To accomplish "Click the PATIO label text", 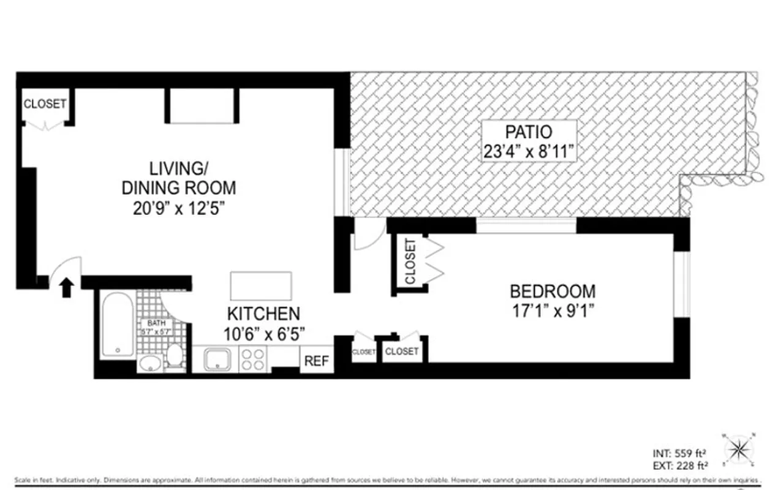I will click(x=529, y=132).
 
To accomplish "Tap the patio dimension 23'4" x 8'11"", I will click(x=529, y=150).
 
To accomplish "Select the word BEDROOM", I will click(x=553, y=291).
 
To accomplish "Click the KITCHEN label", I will click(x=263, y=314).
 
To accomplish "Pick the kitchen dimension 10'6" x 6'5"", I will click(x=263, y=334).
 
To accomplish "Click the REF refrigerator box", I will click(x=317, y=360).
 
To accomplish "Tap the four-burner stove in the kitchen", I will click(x=253, y=360).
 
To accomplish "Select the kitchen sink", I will click(x=216, y=360).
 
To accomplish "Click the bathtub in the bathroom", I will click(x=116, y=325).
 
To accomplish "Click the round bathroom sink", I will click(x=149, y=364).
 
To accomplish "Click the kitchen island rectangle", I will click(x=261, y=286).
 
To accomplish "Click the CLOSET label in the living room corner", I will click(x=45, y=104).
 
